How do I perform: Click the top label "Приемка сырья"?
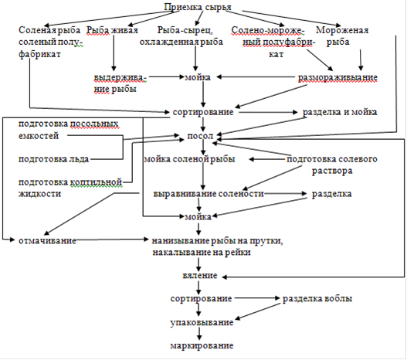click(198, 7)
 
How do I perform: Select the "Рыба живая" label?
click(112, 30)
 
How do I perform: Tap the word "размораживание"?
click(337, 77)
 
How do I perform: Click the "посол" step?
click(200, 136)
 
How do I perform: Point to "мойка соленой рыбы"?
click(189, 159)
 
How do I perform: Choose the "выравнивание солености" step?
click(209, 194)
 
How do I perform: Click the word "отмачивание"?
click(47, 240)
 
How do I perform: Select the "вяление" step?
click(199, 275)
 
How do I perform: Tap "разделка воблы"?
click(317, 298)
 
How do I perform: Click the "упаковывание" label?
click(202, 323)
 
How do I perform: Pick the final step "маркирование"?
click(202, 346)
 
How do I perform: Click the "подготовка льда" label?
click(53, 159)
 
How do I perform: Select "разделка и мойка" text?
click(340, 112)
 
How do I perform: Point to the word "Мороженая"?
click(342, 30)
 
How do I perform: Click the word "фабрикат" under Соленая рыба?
click(39, 54)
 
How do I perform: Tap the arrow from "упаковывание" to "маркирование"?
click(199, 334)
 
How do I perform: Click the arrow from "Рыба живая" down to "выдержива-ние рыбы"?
click(114, 53)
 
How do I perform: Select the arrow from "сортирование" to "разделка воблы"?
click(256, 298)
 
